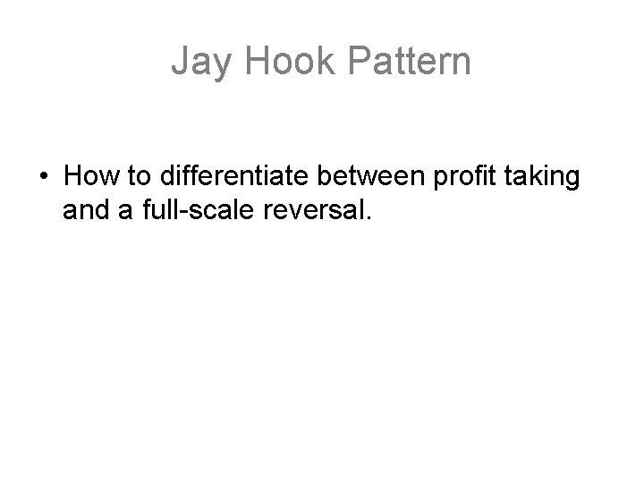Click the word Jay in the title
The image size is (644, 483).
point(198,62)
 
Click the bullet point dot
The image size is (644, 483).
point(43,177)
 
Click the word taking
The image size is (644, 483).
point(543,177)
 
